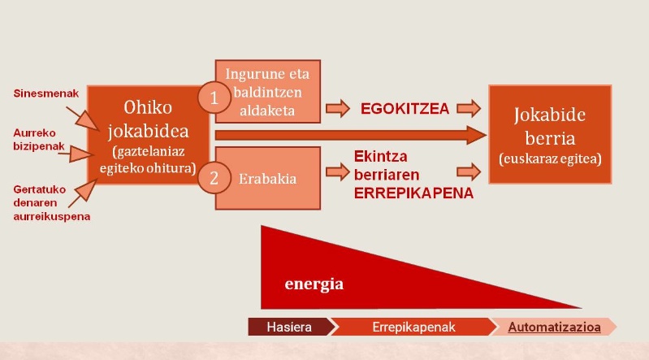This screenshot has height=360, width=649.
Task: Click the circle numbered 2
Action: [214, 178]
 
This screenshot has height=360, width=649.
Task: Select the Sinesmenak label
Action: [46, 93]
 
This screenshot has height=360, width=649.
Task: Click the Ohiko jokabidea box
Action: [147, 134]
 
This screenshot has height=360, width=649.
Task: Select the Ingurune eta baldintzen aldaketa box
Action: [269, 91]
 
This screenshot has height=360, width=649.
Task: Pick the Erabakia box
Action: [269, 178]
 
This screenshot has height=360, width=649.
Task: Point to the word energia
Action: [314, 284]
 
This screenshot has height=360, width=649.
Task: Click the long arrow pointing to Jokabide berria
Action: [349, 135]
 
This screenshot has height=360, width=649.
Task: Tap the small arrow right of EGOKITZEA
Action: [468, 107]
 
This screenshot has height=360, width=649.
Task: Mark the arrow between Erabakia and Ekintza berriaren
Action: [335, 171]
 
